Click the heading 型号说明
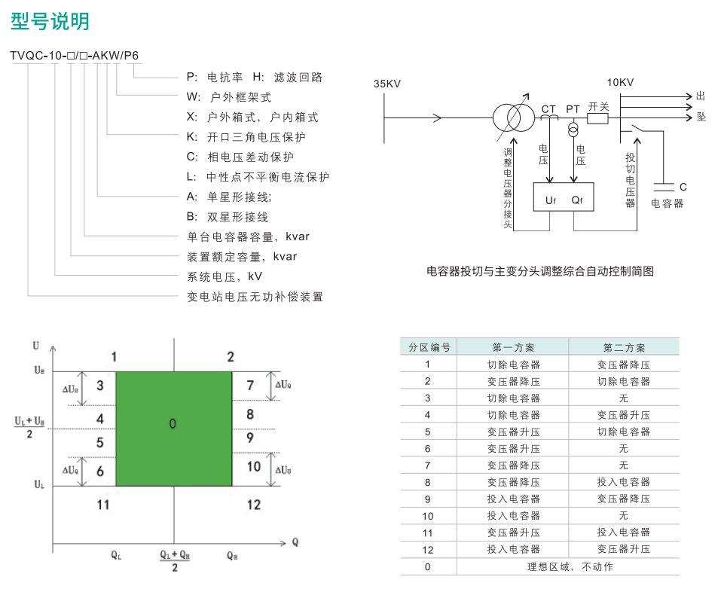click(50, 21)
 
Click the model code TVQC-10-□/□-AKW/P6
click(74, 56)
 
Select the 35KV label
click(387, 84)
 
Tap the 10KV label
click(620, 82)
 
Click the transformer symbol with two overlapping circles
click(514, 117)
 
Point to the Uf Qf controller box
click(564, 197)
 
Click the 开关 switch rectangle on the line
click(597, 118)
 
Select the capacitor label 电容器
click(668, 203)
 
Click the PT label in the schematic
click(573, 109)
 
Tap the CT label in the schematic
click(548, 109)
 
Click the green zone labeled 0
click(174, 429)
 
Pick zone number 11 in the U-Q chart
click(103, 505)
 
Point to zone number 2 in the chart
click(231, 357)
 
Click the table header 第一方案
click(513, 347)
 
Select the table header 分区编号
click(429, 347)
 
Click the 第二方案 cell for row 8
click(624, 482)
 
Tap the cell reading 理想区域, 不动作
click(570, 566)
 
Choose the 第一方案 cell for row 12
click(514, 549)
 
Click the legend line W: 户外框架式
click(229, 97)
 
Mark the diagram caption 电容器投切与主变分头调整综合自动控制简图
click(540, 271)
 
